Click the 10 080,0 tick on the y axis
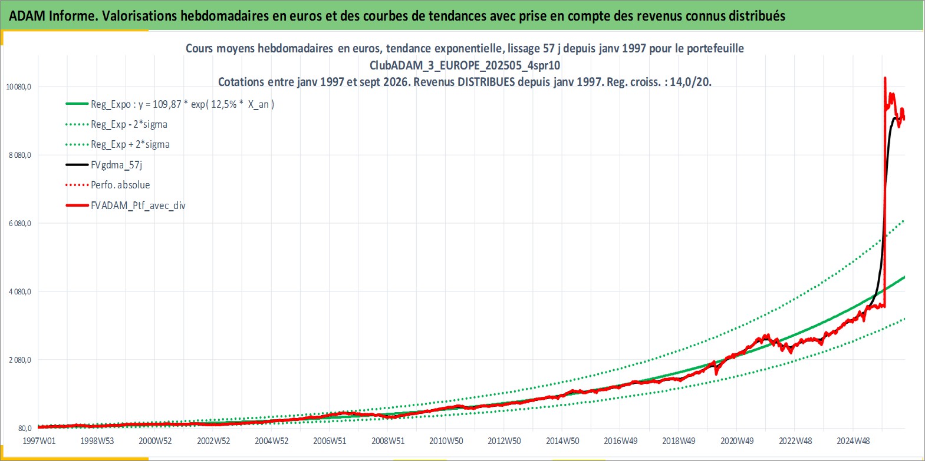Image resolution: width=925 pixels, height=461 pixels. pos(19,87)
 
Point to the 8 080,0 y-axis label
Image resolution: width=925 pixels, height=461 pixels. pos(20,155)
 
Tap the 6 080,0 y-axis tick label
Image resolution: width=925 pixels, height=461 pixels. pos(20,224)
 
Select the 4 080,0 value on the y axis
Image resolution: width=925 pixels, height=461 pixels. pos(20,291)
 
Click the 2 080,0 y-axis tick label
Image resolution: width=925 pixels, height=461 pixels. pos(20,360)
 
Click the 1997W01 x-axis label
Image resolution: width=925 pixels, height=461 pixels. pos(39,441)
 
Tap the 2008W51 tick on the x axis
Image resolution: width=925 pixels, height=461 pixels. pos(388,441)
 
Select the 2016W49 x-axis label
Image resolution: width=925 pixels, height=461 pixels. pos(621,441)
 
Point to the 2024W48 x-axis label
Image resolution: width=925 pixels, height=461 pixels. pos(854,441)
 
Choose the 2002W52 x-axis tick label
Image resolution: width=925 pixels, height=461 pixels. pos(213,441)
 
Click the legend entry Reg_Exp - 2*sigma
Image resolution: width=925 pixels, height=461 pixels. pos(129,125)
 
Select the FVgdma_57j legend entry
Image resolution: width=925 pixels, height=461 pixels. pos(117,165)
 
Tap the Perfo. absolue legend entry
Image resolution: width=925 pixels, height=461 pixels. pos(121,185)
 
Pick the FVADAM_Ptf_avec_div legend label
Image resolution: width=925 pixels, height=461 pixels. pos(139,205)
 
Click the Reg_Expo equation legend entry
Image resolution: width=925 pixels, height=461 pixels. pos(183,104)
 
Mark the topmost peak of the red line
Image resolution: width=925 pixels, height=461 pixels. pos(885,78)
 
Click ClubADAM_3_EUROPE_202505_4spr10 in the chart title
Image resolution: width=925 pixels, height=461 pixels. pos(465,65)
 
